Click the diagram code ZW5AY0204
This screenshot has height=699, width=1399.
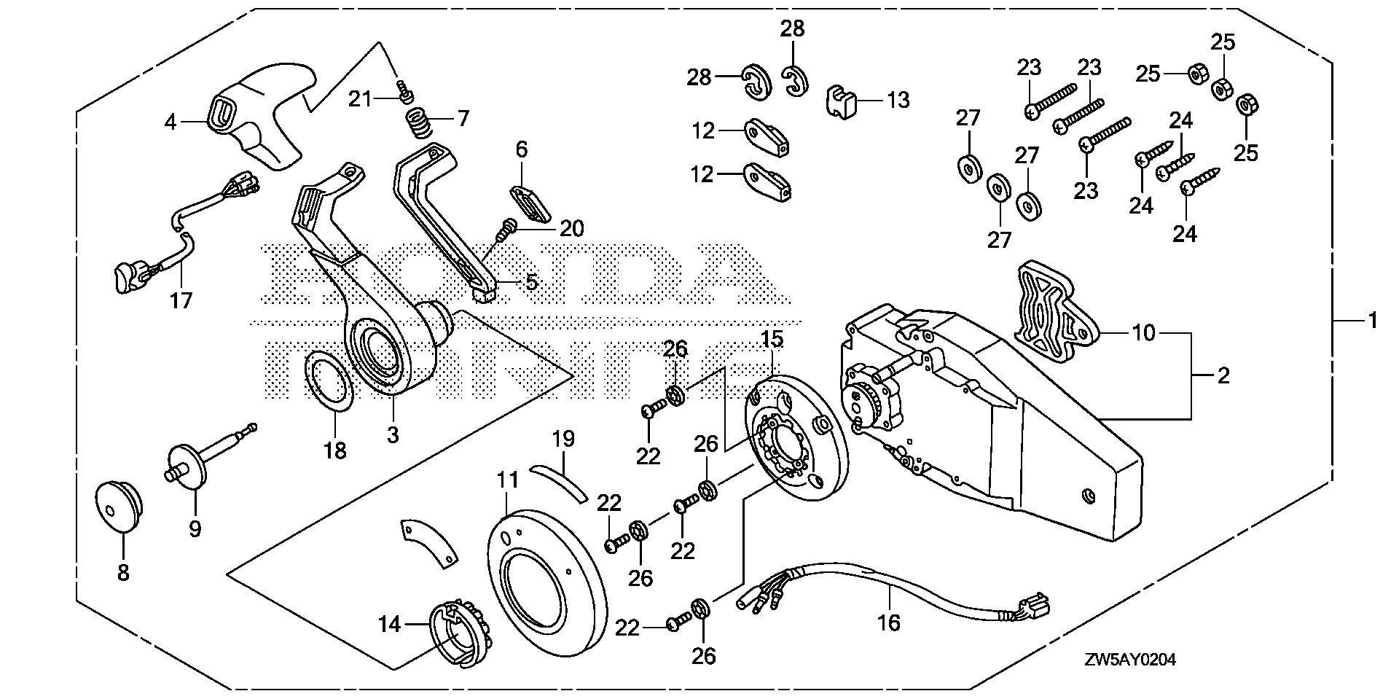tap(1129, 660)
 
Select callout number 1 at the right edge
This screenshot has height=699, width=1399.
tap(1371, 319)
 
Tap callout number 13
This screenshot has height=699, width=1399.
tap(899, 100)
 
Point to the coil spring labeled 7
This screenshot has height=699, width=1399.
tap(420, 122)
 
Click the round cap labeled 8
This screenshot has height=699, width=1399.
tap(118, 502)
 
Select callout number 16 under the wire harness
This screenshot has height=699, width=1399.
tap(890, 622)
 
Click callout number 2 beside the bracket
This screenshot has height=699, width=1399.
tap(1223, 375)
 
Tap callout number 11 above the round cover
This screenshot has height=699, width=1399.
tap(508, 480)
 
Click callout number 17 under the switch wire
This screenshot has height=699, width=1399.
tap(181, 300)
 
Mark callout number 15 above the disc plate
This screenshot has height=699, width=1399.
tap(772, 339)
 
